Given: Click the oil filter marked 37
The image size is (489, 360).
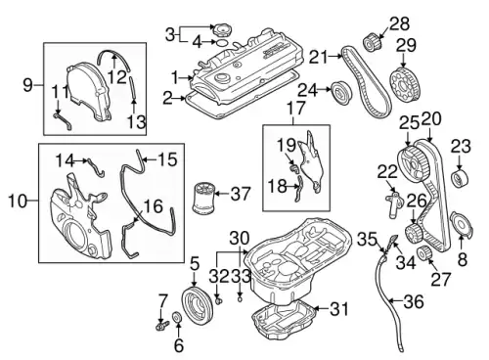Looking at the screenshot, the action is pyautogui.click(x=203, y=199).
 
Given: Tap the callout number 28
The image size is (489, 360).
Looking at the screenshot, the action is pyautogui.click(x=400, y=23).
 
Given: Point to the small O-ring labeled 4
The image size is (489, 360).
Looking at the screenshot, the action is pyautogui.click(x=222, y=43).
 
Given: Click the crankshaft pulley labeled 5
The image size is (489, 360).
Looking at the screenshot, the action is pyautogui.click(x=199, y=304).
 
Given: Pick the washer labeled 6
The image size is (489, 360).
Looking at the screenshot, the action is pyautogui.click(x=178, y=317).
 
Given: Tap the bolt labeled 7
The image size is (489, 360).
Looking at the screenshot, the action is pyautogui.click(x=162, y=325).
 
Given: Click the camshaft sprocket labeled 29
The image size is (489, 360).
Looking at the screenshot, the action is pyautogui.click(x=405, y=84).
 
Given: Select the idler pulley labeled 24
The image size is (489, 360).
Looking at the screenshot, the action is pyautogui.click(x=341, y=92).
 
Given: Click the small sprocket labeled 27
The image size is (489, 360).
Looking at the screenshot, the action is pyautogui.click(x=425, y=253).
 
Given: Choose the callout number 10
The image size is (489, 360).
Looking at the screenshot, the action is pyautogui.click(x=17, y=201).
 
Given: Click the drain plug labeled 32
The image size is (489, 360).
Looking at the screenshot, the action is pyautogui.click(x=219, y=300).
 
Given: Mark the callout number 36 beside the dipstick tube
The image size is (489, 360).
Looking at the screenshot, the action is pyautogui.click(x=414, y=301).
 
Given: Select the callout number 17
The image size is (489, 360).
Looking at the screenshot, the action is pyautogui.click(x=296, y=108).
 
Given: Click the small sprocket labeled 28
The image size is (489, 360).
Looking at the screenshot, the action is pyautogui.click(x=371, y=42).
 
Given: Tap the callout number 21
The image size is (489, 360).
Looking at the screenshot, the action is pyautogui.click(x=318, y=57).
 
